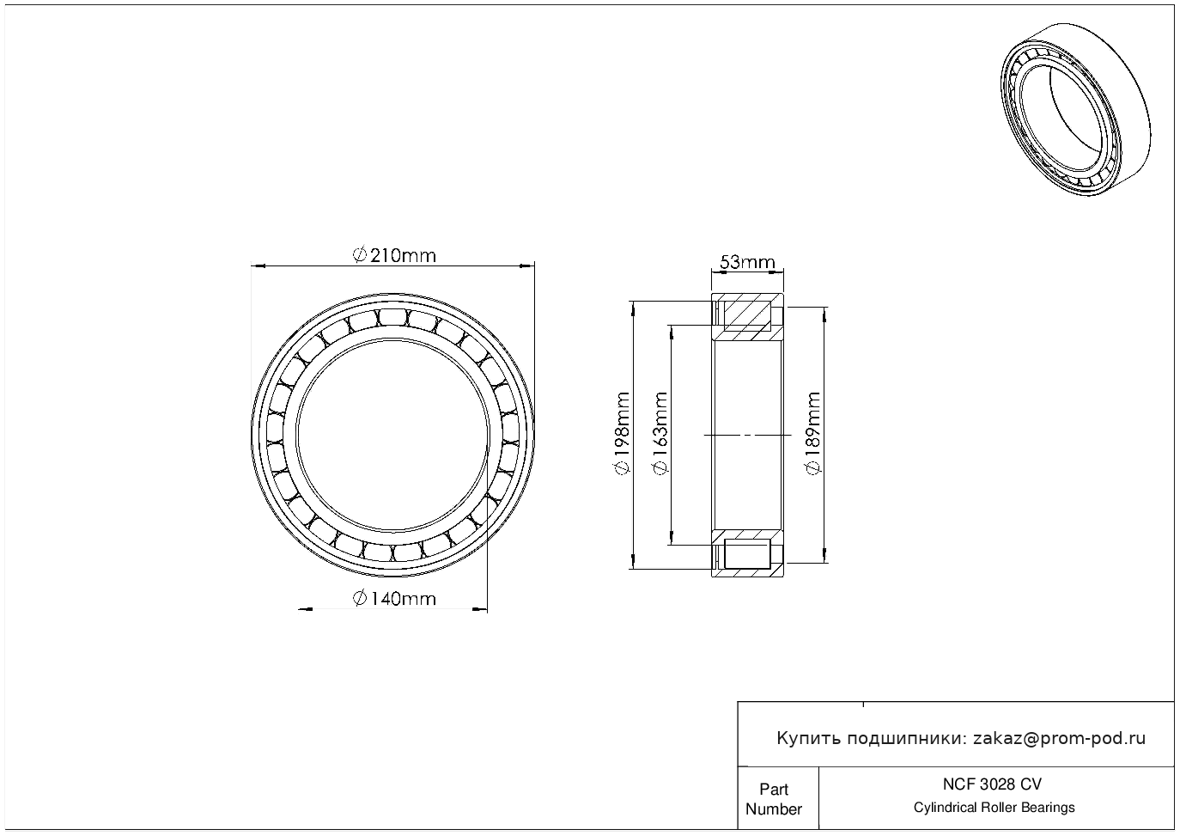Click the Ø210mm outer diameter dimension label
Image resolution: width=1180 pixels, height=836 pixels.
(x=394, y=256)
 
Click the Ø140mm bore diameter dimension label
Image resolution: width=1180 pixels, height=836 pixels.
(x=394, y=599)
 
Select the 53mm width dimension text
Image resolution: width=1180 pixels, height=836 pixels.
(x=747, y=262)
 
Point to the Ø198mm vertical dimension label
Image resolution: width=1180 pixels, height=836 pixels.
(x=622, y=433)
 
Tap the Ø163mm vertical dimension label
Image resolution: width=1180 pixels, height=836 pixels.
(x=660, y=433)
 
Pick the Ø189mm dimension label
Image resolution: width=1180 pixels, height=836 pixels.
(x=813, y=433)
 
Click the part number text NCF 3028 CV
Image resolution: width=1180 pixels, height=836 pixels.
(x=993, y=784)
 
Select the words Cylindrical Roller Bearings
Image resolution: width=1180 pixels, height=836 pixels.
(x=994, y=808)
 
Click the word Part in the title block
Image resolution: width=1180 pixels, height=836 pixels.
(x=774, y=789)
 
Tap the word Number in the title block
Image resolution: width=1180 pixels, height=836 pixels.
(x=774, y=809)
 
